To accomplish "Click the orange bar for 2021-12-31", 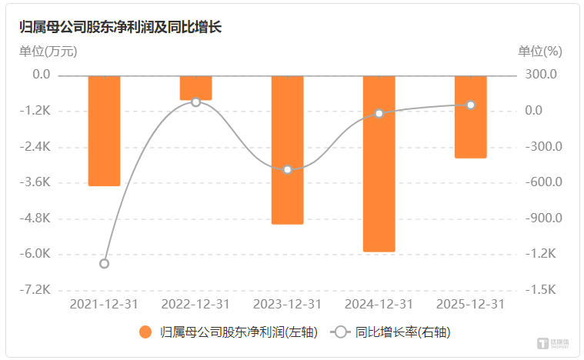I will (105, 130).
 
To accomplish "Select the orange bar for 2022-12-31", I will (196, 88).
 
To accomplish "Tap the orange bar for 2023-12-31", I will (288, 149).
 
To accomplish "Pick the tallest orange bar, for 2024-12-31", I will (379, 163).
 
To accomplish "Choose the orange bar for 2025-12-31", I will (470, 116).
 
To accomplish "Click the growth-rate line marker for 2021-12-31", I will (105, 263).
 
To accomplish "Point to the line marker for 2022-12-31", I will (196, 102).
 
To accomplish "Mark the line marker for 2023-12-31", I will (288, 169).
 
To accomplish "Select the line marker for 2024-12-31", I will (379, 114).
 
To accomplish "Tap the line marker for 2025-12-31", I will (470, 105).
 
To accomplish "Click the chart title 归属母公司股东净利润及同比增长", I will (120, 27).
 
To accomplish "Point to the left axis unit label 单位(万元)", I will (48, 52).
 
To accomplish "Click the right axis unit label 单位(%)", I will (540, 52).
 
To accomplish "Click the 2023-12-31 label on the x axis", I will (288, 304).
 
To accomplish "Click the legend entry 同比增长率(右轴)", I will (393, 332).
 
